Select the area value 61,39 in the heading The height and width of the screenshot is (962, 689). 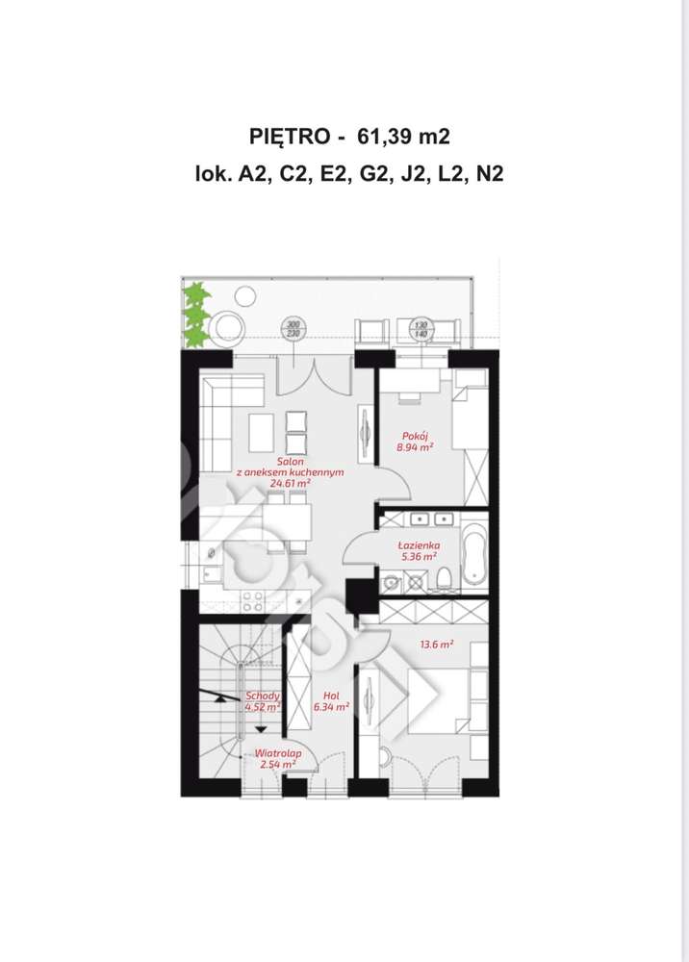383,137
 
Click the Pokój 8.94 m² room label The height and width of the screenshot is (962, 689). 415,442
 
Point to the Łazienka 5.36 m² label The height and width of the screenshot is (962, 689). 418,550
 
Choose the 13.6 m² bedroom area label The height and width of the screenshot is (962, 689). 435,645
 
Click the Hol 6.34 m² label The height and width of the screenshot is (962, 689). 331,699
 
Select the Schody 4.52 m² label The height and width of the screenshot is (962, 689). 262,700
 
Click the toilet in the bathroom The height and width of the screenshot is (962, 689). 443,578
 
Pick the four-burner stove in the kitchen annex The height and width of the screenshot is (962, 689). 252,601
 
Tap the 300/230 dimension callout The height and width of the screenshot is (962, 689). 293,329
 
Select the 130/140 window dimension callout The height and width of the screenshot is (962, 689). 420,329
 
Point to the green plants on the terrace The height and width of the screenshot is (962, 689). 195,315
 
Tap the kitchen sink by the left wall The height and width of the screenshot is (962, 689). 211,553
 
